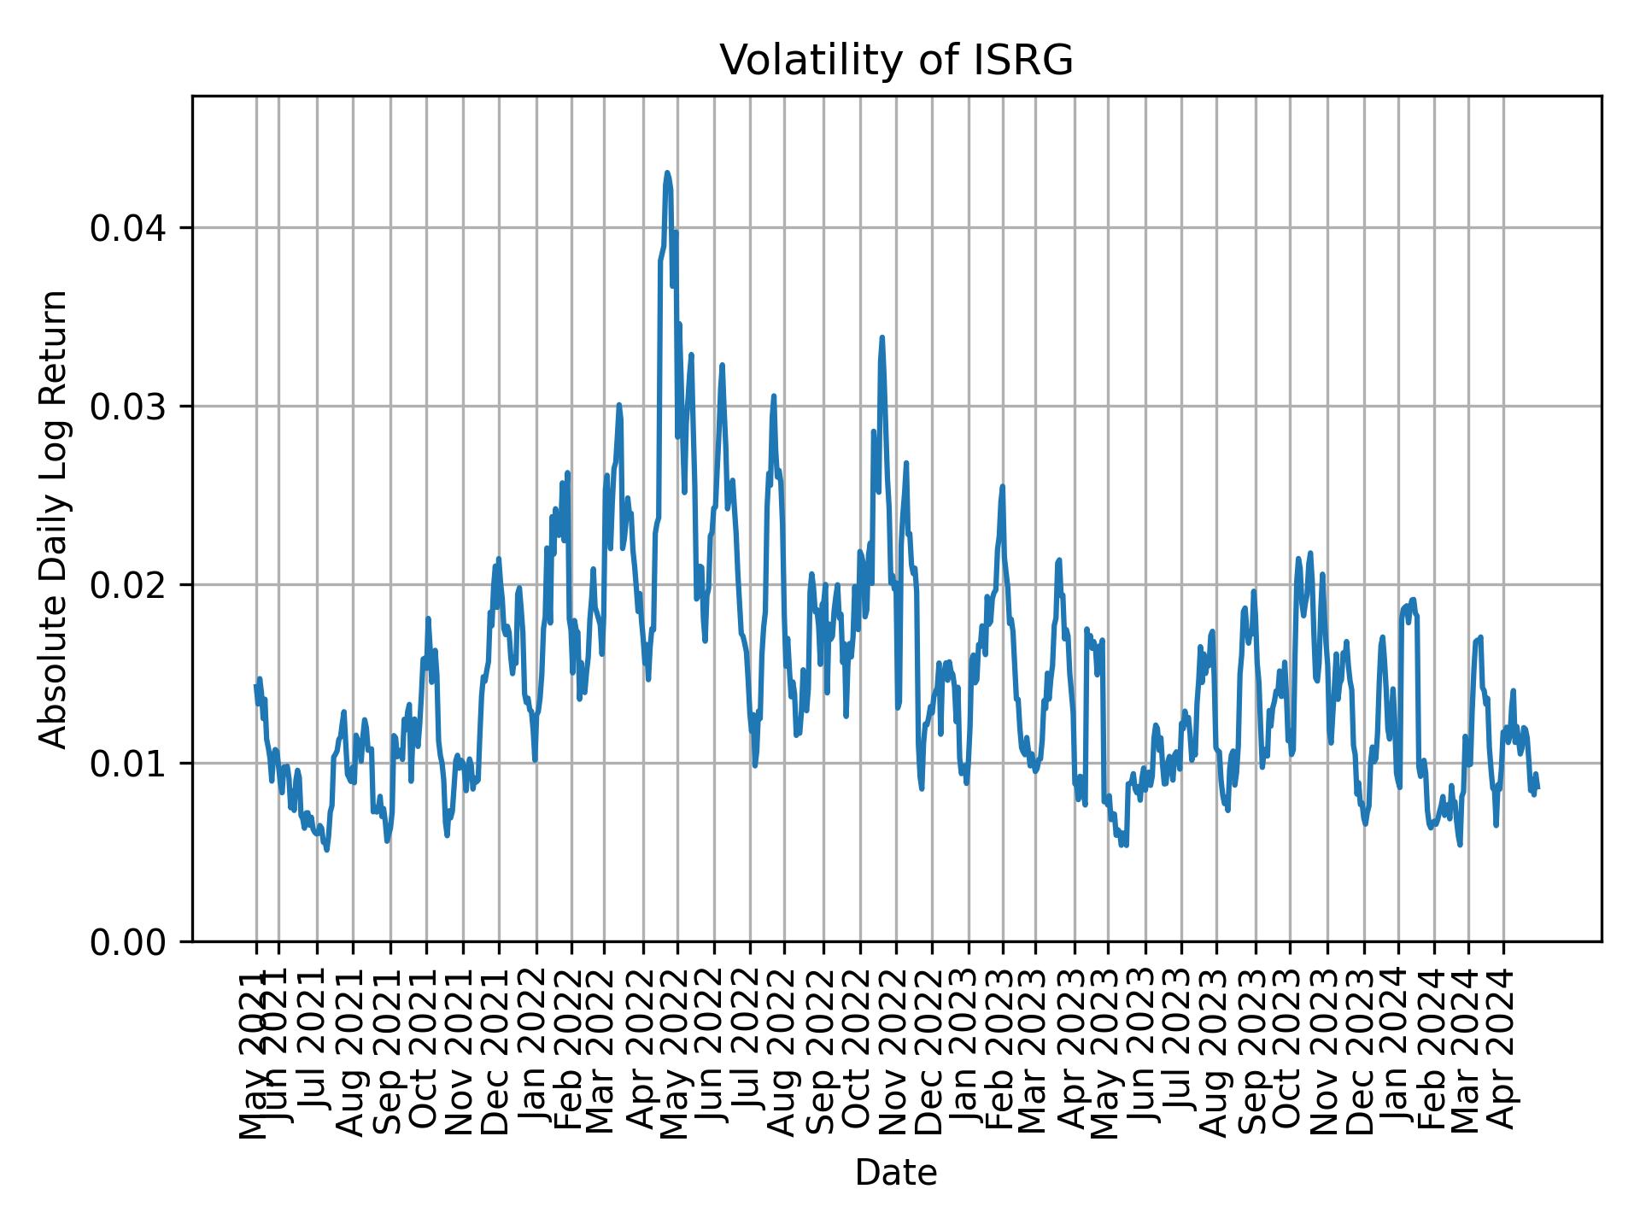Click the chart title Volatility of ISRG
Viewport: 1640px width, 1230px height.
click(896, 61)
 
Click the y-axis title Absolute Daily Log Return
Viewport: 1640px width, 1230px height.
click(55, 518)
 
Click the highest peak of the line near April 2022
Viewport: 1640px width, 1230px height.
click(667, 173)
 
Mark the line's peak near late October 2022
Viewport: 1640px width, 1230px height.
click(881, 337)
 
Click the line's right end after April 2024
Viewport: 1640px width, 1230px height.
click(1537, 788)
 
